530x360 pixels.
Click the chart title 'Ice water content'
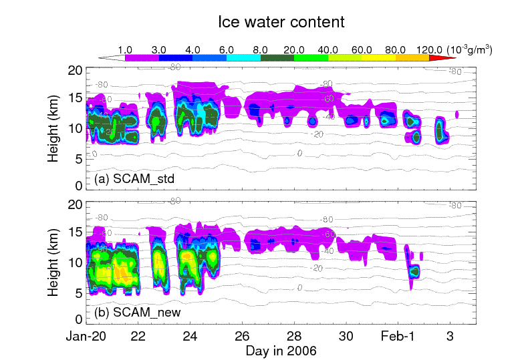281,22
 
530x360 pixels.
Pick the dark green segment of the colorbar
277,58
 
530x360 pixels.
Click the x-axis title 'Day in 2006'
281,350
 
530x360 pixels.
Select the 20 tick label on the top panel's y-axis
75,70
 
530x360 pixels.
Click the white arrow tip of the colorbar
104,58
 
